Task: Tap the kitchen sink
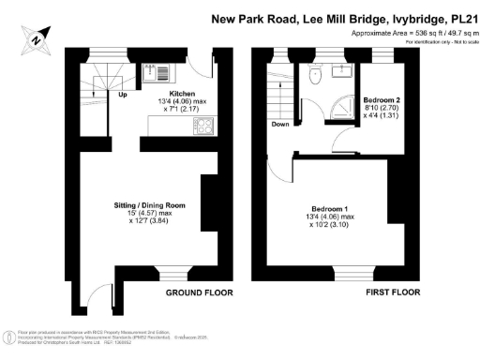coord(155,72)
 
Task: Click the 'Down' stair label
coord(279,123)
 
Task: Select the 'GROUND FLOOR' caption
coord(199,292)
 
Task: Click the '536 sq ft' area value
coord(411,31)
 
